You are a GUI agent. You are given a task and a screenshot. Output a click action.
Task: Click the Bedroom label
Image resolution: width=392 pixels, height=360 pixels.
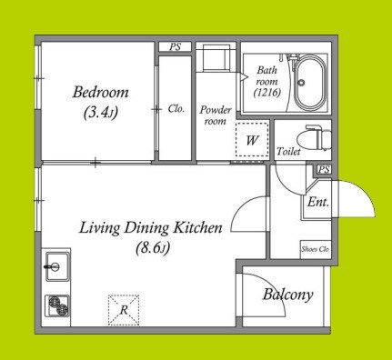[100, 92]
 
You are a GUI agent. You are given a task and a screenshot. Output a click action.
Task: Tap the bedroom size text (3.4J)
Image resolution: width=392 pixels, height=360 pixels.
[100, 112]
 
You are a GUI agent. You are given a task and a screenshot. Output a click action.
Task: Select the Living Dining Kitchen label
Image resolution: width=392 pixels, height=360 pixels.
[151, 228]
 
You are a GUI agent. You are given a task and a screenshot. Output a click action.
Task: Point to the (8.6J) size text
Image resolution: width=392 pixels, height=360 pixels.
[153, 248]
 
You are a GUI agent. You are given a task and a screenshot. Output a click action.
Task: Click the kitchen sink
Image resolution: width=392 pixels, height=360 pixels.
[56, 266]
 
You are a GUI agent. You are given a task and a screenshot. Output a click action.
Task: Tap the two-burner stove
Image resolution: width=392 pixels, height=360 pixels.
[57, 305]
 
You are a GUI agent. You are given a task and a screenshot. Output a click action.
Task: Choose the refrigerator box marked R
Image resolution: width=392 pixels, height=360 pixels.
[124, 310]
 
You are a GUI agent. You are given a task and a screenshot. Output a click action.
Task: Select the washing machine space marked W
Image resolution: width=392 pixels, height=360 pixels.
[252, 139]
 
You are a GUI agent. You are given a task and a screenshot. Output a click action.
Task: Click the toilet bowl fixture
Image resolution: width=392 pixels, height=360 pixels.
[314, 139]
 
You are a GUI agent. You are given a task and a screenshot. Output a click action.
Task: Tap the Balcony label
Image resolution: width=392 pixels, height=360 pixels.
[287, 295]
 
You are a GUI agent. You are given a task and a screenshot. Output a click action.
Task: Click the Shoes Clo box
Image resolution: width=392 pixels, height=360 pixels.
[316, 249]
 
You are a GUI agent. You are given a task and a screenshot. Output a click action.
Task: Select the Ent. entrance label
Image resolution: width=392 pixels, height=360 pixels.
[318, 202]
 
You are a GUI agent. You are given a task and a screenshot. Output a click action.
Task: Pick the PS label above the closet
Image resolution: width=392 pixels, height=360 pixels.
[175, 47]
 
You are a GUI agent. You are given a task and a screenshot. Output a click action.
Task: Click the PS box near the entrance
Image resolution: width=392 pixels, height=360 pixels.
[324, 169]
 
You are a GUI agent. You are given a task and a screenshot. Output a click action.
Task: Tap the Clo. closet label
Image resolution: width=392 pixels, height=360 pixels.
[176, 109]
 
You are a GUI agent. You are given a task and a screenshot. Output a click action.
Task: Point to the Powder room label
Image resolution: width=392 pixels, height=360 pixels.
[216, 115]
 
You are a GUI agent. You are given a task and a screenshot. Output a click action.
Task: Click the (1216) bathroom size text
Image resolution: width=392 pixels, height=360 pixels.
[267, 93]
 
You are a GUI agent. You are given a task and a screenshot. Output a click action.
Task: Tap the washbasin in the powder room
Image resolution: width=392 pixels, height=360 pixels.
[216, 57]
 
